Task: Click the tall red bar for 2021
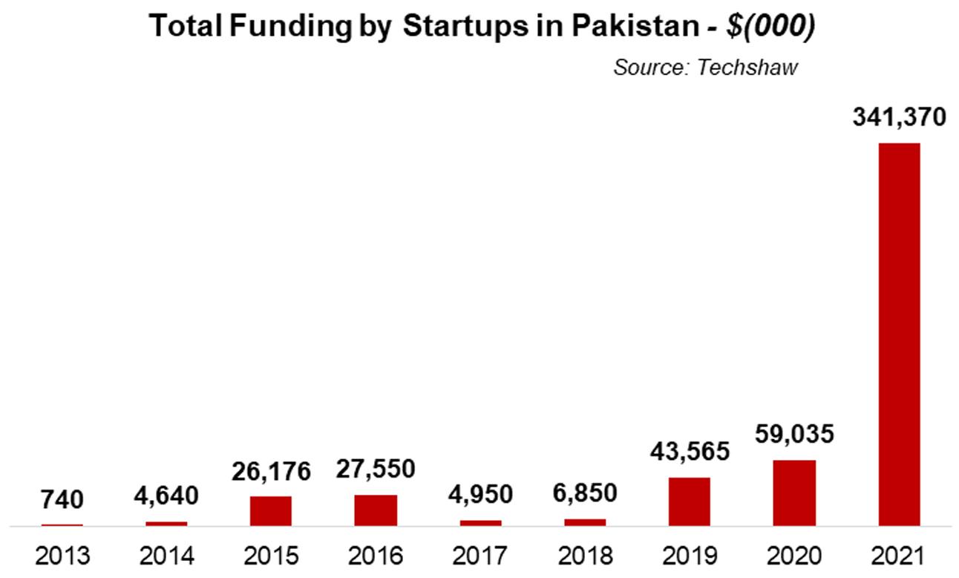coord(899,334)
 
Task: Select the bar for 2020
coord(794,493)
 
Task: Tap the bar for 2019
coord(690,502)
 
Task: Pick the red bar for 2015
coord(271,511)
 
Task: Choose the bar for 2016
coord(376,510)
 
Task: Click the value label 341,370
coord(899,117)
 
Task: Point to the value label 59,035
coord(794,435)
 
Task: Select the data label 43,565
coord(690,452)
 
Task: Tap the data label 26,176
coord(271,471)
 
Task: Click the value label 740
coord(62,499)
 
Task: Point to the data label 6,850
coord(585,493)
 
